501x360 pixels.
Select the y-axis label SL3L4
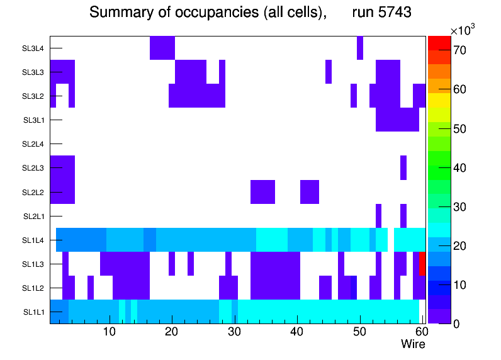[33, 48]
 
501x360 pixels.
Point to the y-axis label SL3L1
[33, 120]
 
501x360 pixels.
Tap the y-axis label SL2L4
[33, 144]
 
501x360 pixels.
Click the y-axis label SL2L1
[33, 217]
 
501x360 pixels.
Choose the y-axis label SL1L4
[33, 240]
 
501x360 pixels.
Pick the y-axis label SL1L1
[33, 312]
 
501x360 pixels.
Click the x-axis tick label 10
[110, 332]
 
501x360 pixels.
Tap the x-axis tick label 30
[234, 332]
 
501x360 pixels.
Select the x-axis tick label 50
[359, 332]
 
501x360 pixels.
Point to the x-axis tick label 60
[420, 332]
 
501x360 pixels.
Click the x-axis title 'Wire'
[413, 344]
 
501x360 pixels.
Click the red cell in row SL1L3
[422, 263]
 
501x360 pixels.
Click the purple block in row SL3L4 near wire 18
[162, 48]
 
